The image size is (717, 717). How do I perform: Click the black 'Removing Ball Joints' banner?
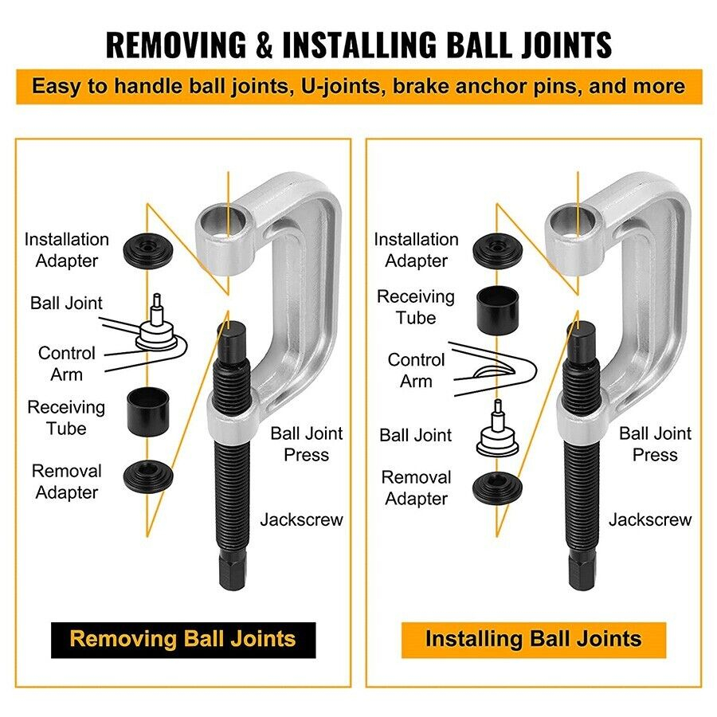point(183,640)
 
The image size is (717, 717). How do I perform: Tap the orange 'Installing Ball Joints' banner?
point(534,640)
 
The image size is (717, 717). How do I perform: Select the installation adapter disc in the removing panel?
point(148,251)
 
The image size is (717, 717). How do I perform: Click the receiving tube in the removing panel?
point(148,412)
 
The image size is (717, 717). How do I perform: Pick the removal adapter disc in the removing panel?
point(148,476)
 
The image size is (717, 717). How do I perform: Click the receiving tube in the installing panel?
point(497,311)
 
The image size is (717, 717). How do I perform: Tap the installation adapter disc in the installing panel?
point(497,251)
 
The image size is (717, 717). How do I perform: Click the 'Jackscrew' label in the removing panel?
point(302,519)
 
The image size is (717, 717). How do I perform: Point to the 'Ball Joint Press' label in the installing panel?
point(655,444)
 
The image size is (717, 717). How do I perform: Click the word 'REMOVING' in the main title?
point(176,45)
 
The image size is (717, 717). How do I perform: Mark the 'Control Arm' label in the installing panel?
point(416,370)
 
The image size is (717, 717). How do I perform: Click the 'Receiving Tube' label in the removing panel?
point(66,418)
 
